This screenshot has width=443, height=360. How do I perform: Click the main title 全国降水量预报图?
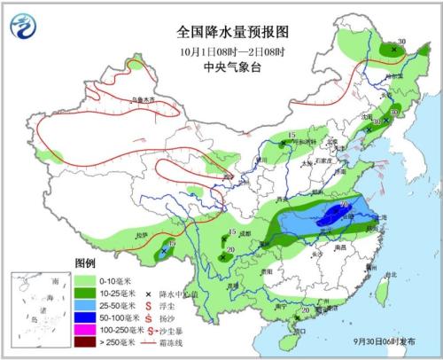221,31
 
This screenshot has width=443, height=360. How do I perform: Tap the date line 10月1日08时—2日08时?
221,50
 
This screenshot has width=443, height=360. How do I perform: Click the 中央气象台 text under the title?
221,67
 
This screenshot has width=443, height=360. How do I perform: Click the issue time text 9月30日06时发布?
395,343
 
